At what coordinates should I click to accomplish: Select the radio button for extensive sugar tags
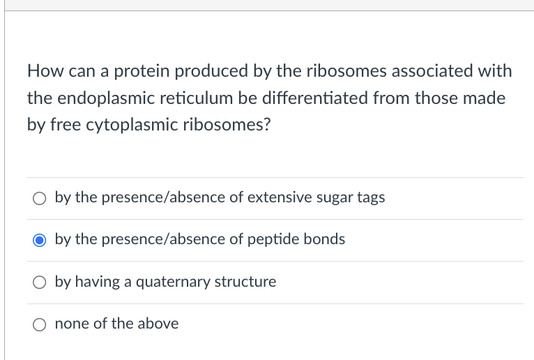coord(39,198)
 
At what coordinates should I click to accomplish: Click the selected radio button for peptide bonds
coord(39,240)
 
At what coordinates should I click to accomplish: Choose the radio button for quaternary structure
coord(39,283)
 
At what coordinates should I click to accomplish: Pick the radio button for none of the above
coord(39,324)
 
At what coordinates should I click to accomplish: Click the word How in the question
coord(44,71)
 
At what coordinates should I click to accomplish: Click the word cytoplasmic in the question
coord(132,125)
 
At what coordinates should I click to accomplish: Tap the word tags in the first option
coord(370,198)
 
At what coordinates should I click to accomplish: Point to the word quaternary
coord(165,283)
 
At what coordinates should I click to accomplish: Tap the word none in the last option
coord(71,324)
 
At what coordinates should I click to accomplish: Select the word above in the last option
coord(158,324)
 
